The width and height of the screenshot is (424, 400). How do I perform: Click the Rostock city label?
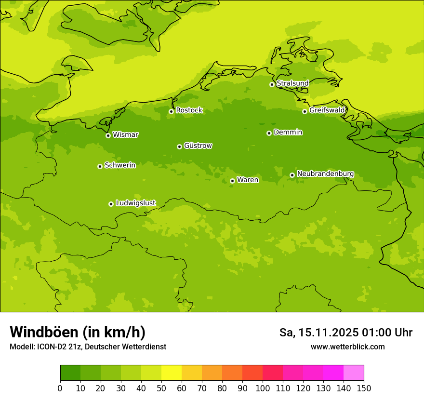(189, 110)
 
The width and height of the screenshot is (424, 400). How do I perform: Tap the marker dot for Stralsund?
(272, 84)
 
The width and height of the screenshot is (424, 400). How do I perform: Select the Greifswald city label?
(327, 110)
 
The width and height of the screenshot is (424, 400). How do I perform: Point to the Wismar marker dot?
(108, 135)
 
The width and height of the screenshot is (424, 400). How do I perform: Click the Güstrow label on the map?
(198, 146)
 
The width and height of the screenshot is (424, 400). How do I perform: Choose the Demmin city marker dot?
(269, 133)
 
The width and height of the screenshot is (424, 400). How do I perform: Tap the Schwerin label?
(120, 165)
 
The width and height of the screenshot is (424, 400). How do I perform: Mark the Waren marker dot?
(232, 181)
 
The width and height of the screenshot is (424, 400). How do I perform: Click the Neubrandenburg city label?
(325, 174)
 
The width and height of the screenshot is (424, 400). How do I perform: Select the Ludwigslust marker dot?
(111, 204)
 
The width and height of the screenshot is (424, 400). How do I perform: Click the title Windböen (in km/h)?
(78, 332)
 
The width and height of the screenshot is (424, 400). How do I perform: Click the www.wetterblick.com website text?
(347, 347)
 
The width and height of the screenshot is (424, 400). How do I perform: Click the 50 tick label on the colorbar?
(161, 388)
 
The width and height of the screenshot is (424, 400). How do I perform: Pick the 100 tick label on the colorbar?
(263, 388)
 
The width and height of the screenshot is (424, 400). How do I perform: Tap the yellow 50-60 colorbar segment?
(172, 373)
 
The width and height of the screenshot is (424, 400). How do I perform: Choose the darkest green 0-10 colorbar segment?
(70, 373)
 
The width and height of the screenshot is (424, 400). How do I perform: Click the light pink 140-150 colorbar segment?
(354, 373)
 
